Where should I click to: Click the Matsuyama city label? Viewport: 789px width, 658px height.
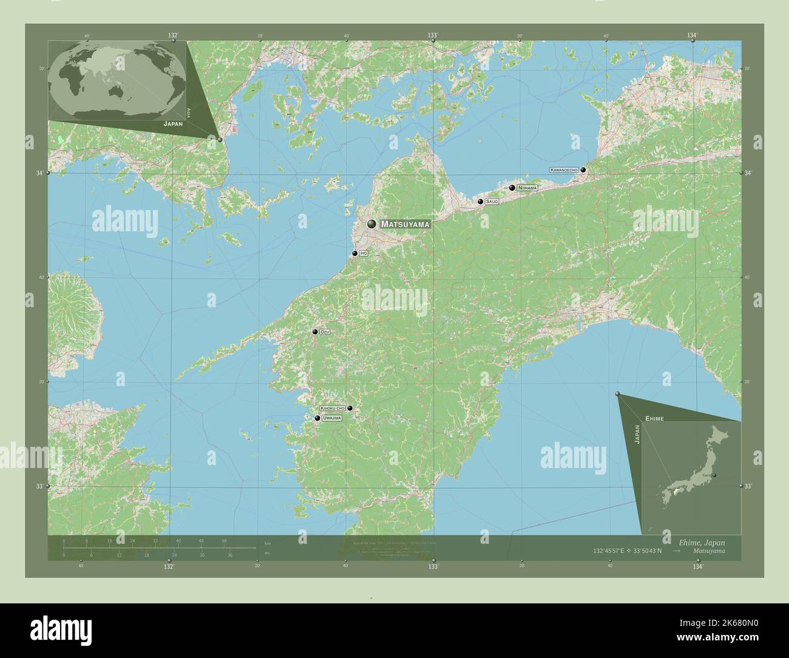405,224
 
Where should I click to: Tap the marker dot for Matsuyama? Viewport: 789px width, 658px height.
371,224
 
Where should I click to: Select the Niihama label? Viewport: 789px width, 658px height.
527,188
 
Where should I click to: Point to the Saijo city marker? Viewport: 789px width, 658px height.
481,201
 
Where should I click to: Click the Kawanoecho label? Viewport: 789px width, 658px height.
564,170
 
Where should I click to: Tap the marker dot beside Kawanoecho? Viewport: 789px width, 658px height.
583,170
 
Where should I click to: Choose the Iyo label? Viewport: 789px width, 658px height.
364,253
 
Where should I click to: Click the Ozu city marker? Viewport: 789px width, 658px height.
315,332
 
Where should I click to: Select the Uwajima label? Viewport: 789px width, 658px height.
332,418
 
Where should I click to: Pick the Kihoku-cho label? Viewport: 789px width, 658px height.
333,409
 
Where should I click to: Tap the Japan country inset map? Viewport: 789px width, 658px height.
691,477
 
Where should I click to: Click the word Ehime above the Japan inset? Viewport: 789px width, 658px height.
655,419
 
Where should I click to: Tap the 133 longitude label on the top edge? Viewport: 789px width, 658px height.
433,35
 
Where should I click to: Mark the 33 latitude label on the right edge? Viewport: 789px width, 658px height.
748,486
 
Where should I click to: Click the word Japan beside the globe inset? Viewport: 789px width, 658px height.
172,123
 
